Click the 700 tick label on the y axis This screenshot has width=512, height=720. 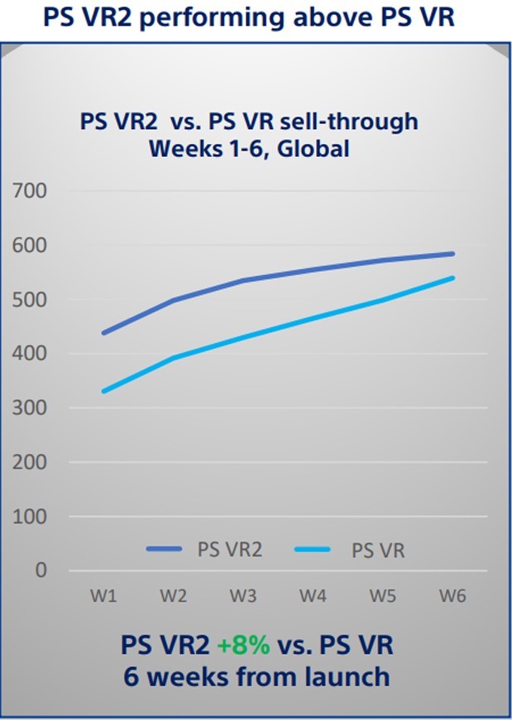point(31,192)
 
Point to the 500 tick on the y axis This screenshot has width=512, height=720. point(31,300)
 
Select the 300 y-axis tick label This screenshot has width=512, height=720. point(31,408)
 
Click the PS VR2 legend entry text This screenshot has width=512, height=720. point(229,550)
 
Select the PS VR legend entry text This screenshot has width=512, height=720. point(377,551)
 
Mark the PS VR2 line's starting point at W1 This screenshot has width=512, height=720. point(103,333)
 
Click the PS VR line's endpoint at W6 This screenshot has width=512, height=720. point(452,278)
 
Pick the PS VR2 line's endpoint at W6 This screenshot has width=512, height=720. point(452,254)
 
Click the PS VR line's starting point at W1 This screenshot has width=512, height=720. point(103,391)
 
